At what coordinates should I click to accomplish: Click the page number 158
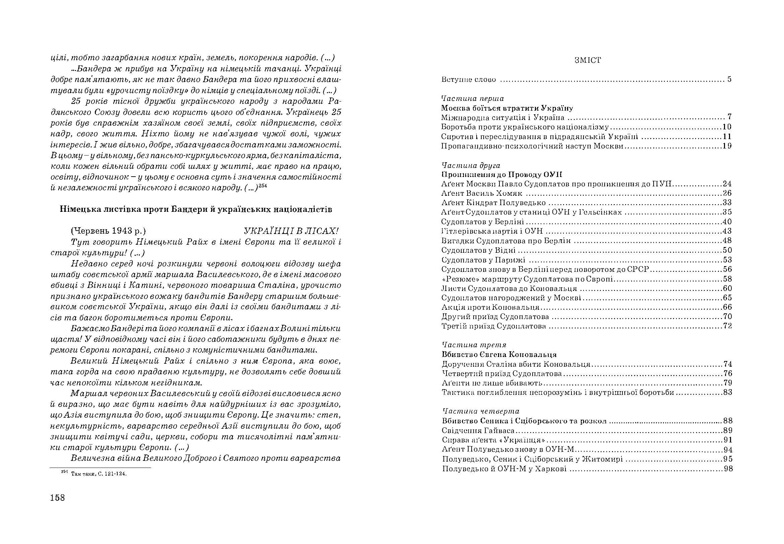coord(57,498)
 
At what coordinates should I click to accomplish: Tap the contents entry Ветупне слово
coord(468,80)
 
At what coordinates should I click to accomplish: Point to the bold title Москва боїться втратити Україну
coord(507,108)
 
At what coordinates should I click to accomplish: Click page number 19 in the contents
coord(727,146)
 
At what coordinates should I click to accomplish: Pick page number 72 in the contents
coord(727,326)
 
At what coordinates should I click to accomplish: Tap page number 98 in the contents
coord(728,469)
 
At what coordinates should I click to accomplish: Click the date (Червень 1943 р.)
coord(108,231)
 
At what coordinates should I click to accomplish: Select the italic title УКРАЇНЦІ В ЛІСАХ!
coord(291,231)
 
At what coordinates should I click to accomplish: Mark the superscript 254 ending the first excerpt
coord(263,186)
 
